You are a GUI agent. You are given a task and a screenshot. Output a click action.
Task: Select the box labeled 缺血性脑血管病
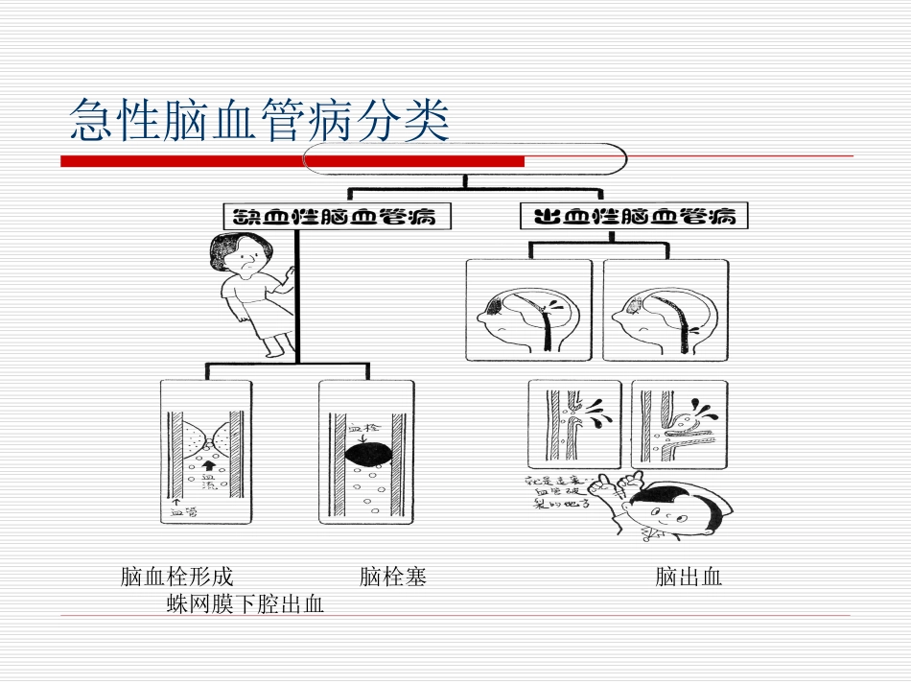click(x=329, y=216)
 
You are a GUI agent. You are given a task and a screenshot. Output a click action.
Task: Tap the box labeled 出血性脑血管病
click(x=634, y=216)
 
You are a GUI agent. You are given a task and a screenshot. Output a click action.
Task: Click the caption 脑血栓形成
click(x=177, y=578)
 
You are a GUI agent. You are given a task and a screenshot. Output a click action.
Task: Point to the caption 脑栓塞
click(x=393, y=578)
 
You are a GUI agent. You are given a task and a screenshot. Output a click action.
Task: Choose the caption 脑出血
click(x=689, y=578)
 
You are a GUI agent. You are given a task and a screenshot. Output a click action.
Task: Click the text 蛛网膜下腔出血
click(x=245, y=604)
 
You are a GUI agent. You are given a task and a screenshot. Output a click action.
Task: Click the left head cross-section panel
click(x=528, y=310)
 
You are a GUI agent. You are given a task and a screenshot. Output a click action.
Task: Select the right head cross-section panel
click(x=665, y=310)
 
